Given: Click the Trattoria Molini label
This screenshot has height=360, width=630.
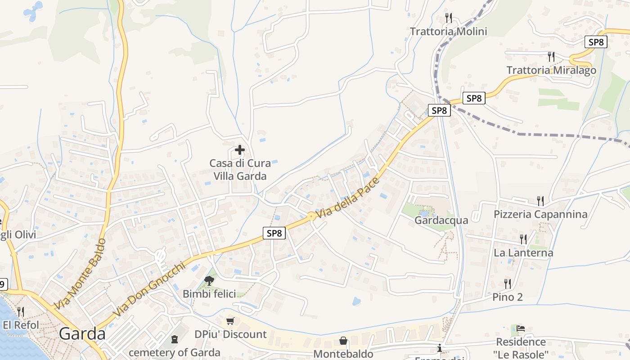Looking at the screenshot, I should tap(448, 31).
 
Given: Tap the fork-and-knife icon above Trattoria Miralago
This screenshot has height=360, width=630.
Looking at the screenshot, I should tap(551, 57).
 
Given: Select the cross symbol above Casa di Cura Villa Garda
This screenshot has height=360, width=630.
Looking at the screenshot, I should tap(240, 150).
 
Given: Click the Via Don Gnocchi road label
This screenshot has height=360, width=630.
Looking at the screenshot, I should tap(149, 289).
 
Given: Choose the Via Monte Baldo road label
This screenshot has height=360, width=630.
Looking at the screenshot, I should tap(80, 274).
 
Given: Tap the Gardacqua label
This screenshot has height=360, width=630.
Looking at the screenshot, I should tap(441, 220).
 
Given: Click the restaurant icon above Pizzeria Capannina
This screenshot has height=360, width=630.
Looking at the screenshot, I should tap(540, 201).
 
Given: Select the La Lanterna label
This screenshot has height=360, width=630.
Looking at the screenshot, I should tap(523, 253).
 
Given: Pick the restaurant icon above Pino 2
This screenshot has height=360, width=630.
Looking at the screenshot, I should tap(508, 283).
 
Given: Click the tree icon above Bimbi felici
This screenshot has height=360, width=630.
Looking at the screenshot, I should tap(209, 281).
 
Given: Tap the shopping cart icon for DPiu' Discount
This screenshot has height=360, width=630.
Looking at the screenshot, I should tap(230, 321).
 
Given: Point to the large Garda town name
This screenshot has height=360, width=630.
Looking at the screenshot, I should tap(82, 334).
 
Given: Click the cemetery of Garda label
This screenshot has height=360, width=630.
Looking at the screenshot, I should tap(175, 352).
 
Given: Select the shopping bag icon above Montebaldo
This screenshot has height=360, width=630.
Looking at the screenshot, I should tap(343, 341).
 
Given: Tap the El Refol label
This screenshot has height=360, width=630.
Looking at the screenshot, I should tap(21, 325).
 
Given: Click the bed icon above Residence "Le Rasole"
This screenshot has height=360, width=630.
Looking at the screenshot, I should tap(521, 328).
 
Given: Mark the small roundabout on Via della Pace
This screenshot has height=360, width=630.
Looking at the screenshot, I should tap(311, 216).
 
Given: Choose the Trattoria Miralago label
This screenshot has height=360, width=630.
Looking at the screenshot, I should tap(551, 70).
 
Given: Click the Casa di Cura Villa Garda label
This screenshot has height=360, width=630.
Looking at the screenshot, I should tap(240, 170).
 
